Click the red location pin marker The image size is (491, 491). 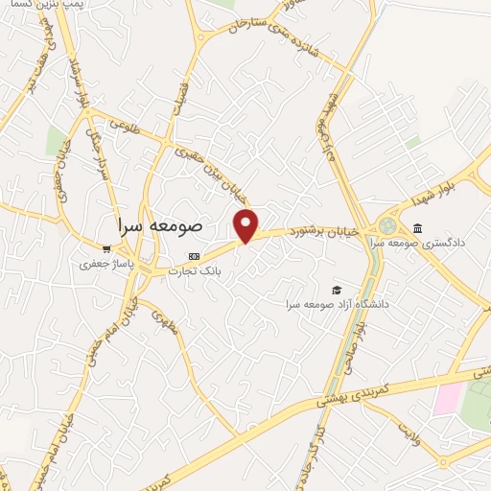[246, 225]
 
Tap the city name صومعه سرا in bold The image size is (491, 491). [159, 225]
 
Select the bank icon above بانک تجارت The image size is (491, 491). [195, 257]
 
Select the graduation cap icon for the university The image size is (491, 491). [337, 290]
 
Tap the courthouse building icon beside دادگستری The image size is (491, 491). [418, 227]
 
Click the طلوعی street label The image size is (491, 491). [126, 124]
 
